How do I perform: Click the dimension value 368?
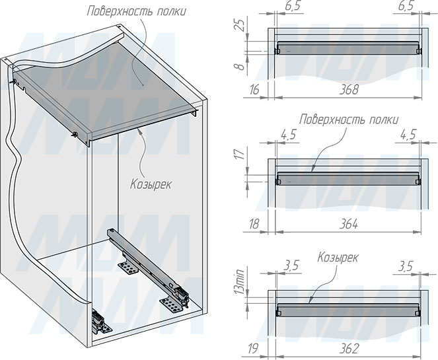click(349, 90)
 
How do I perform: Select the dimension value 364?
click(349, 224)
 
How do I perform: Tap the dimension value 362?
click(349, 349)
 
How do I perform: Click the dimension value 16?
click(254, 90)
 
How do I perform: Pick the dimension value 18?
click(254, 224)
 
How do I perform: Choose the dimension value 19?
click(253, 349)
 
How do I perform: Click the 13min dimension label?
click(239, 281)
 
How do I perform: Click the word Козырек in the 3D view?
click(151, 184)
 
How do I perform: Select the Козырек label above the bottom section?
click(338, 258)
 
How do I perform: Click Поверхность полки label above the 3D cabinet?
click(137, 11)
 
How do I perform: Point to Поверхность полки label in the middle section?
click(349, 120)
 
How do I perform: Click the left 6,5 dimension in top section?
click(293, 6)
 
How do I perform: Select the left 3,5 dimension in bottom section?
click(291, 266)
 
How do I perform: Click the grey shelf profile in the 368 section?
click(348, 48)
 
